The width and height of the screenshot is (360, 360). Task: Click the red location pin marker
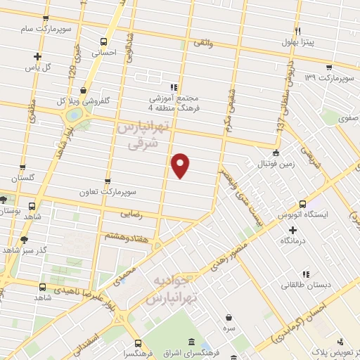click(x=181, y=165)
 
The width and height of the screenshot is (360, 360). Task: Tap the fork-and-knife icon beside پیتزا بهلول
click(x=297, y=31)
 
